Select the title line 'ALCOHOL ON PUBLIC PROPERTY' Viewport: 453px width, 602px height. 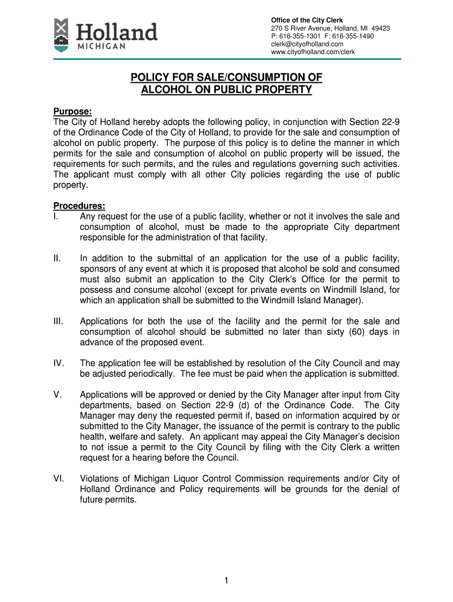point(226,90)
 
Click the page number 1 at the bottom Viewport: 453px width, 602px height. point(226,581)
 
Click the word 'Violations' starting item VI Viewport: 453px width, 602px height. point(101,479)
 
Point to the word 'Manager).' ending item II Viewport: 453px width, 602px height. point(344,301)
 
